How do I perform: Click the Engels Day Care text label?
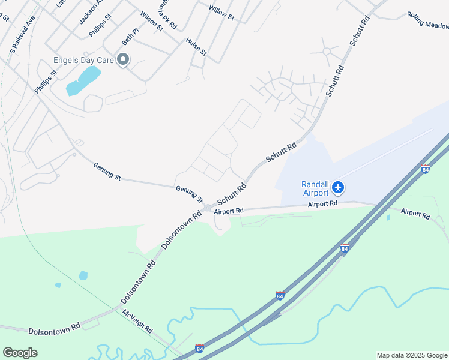(x=83, y=60)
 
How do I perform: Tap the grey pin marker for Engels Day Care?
(x=124, y=59)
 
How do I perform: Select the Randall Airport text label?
(x=314, y=188)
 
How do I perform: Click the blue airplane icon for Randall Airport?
(x=337, y=188)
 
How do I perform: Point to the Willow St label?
(x=221, y=13)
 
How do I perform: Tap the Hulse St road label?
(x=196, y=47)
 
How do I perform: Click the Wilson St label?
(x=151, y=20)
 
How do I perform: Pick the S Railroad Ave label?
(x=22, y=37)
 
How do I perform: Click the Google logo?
(x=20, y=352)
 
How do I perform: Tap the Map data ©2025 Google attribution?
(x=412, y=355)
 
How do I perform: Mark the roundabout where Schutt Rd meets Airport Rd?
(x=208, y=208)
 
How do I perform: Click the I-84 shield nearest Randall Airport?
(x=425, y=169)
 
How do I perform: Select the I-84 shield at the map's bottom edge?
(x=200, y=349)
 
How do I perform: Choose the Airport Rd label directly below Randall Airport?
(x=323, y=204)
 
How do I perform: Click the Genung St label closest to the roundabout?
(x=189, y=193)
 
